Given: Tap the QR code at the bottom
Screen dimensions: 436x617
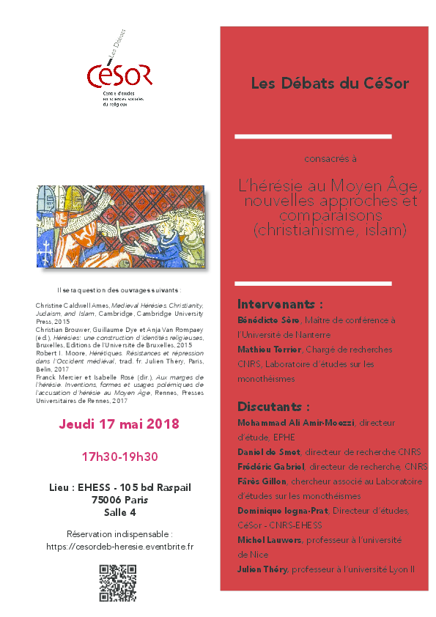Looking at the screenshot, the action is [117, 583].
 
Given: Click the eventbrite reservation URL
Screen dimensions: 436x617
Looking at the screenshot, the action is [119, 546].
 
